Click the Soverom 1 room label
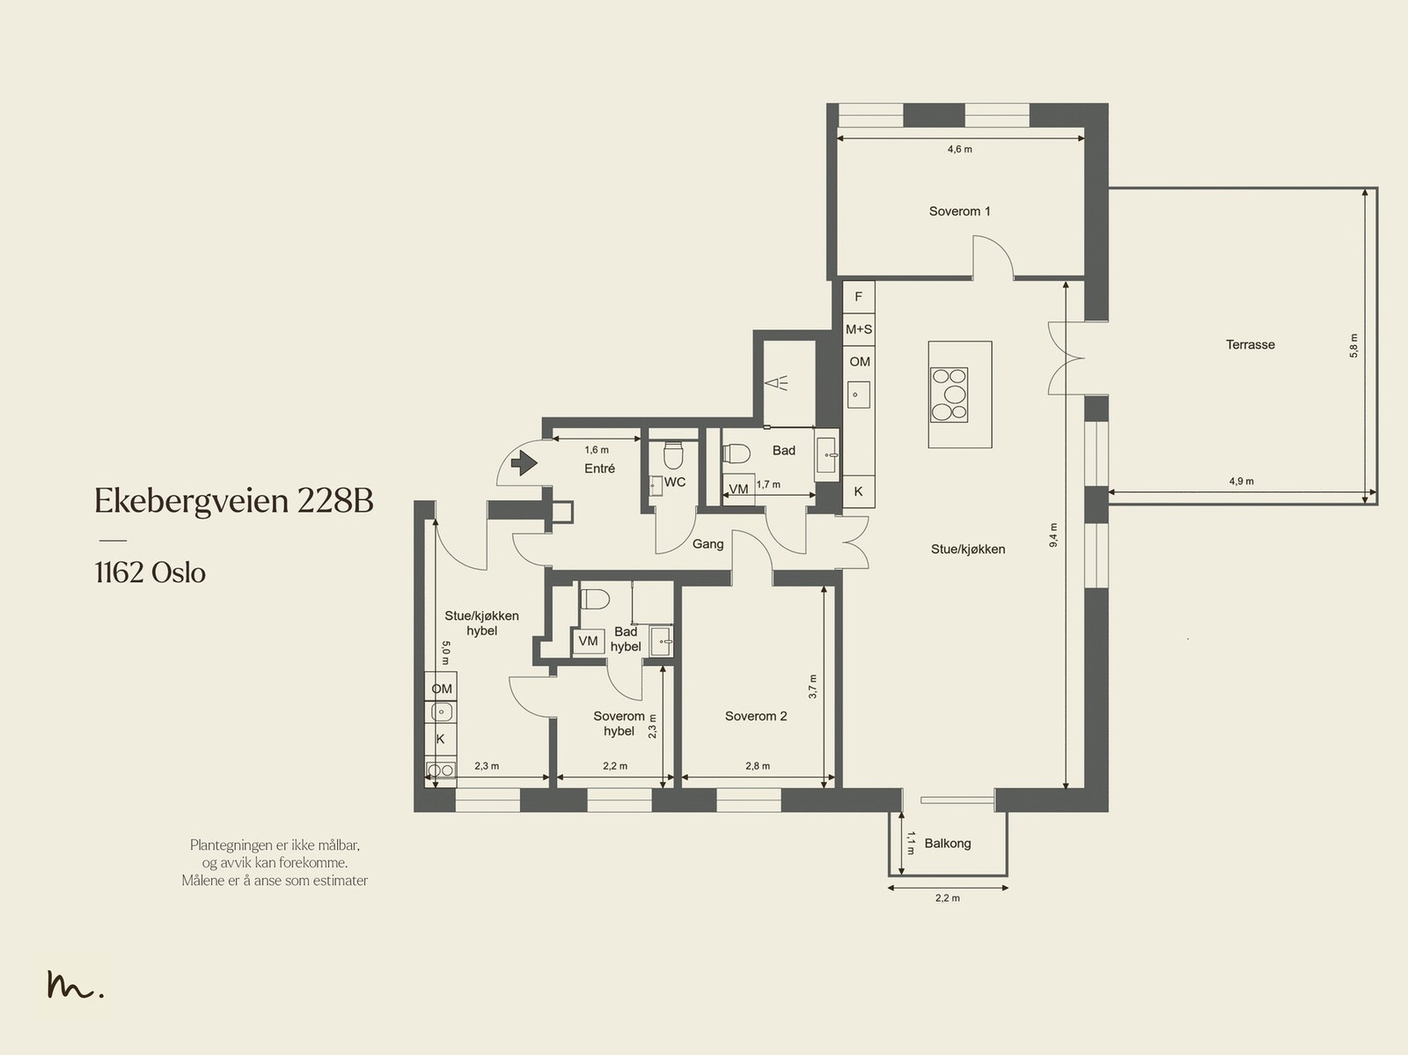[959, 211]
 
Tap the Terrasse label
[1250, 344]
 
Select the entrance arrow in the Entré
[524, 462]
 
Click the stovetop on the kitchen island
[950, 395]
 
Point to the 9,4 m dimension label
[1053, 535]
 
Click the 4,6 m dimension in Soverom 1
[959, 150]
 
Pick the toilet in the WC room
[673, 454]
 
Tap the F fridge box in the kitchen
[858, 297]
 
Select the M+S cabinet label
[859, 329]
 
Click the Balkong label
[948, 844]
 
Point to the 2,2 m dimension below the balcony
[948, 897]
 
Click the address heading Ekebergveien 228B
[233, 501]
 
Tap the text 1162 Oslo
[150, 572]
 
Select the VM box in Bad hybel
[588, 641]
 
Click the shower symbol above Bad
[776, 384]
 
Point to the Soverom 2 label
[756, 716]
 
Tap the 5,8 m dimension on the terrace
[1353, 346]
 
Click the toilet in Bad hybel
[594, 600]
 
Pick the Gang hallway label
[708, 544]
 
